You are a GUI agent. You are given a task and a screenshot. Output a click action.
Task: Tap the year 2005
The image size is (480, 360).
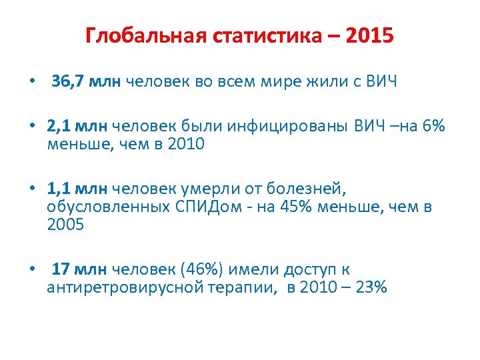point(65,225)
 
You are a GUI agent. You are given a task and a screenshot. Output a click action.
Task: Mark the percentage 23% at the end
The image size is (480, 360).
point(371,287)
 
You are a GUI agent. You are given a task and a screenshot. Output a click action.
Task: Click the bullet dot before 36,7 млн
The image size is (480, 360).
point(31,83)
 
